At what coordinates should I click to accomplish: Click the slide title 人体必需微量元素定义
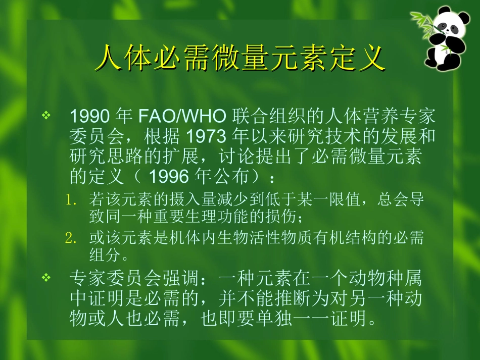tap(240, 59)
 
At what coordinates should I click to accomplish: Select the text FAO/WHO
tap(182, 117)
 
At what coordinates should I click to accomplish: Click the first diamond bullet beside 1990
tap(46, 116)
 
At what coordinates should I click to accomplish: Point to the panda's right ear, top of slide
tap(459, 12)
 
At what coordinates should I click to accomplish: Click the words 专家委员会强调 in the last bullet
tap(133, 278)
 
